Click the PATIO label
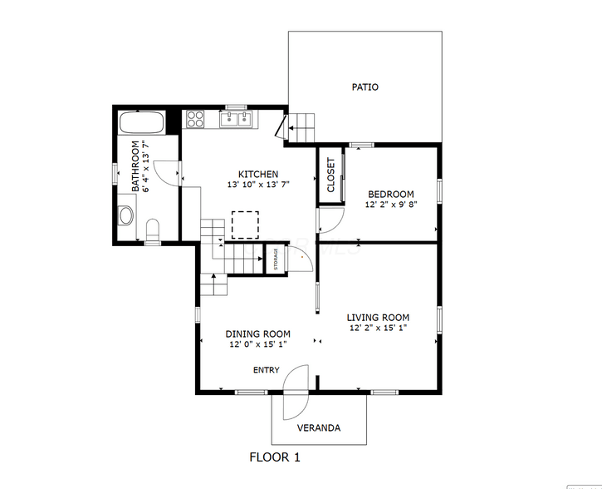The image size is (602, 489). tap(365, 87)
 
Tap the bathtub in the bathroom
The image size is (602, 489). tap(142, 122)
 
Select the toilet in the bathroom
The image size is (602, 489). tap(153, 229)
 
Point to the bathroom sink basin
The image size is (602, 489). tap(125, 215)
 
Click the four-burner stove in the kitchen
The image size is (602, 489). tap(195, 119)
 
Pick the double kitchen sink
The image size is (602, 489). tap(235, 119)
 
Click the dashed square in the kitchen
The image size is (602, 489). tap(245, 225)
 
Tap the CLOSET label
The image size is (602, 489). tap(331, 175)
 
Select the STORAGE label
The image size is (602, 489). tap(276, 259)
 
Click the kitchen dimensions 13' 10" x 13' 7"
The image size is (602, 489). tap(258, 185)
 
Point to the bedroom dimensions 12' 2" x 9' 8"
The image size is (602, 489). tap(391, 205)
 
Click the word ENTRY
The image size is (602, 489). tap(266, 370)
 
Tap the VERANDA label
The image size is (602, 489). tap(319, 427)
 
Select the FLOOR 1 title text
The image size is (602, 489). tap(275, 457)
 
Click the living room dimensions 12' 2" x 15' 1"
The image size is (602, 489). tap(378, 328)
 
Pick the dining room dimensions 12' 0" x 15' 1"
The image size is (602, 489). tap(258, 344)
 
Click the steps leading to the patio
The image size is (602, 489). tap(301, 128)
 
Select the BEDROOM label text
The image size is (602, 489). tap(391, 194)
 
